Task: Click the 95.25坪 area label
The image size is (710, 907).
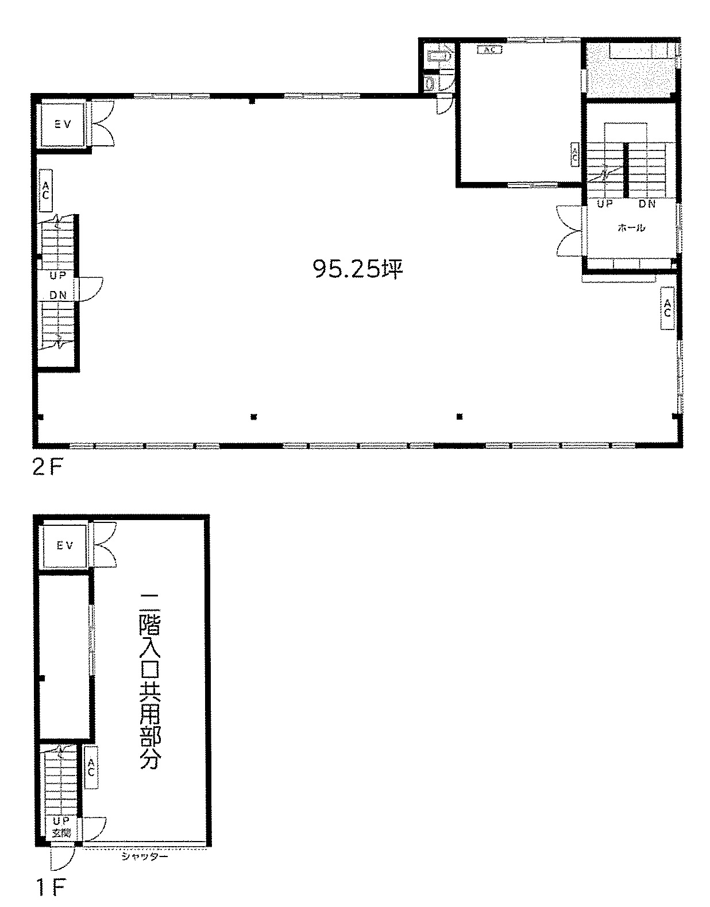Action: [x=357, y=269]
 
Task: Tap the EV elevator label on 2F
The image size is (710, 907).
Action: [x=63, y=125]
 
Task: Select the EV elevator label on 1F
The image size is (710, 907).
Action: [x=65, y=545]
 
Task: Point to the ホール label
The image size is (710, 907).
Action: [x=631, y=228]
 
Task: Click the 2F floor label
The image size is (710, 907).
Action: [x=47, y=467]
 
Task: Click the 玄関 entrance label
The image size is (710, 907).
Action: [x=61, y=834]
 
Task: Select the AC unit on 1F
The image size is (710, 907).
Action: [x=91, y=768]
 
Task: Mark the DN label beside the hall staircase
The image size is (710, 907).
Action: [x=647, y=204]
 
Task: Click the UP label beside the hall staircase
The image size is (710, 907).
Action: [x=605, y=204]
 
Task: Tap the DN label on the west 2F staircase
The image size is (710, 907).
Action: [x=58, y=295]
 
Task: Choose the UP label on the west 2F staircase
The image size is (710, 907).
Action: [x=58, y=276]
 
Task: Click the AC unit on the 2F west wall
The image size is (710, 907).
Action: [x=45, y=191]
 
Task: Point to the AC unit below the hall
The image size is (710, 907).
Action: [x=667, y=308]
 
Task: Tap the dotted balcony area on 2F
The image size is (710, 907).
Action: [x=630, y=71]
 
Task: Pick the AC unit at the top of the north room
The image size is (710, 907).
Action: [x=490, y=50]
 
